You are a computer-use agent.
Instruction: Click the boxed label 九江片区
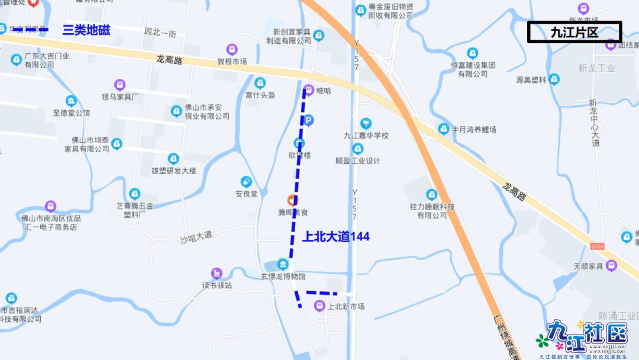(574, 32)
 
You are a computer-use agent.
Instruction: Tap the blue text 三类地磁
(86, 30)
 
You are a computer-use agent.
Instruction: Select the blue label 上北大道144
(336, 237)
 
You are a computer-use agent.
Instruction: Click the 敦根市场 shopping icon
(232, 49)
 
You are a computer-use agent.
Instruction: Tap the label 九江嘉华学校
(366, 136)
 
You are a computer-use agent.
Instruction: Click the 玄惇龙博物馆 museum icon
(283, 264)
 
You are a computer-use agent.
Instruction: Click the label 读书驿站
(217, 285)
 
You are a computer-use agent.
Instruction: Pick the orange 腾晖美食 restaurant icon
(292, 200)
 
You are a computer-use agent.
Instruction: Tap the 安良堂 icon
(246, 182)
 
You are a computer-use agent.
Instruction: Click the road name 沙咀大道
(196, 236)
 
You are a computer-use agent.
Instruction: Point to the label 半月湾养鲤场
(473, 129)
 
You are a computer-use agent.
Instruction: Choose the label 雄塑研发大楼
(173, 172)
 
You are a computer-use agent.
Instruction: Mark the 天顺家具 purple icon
(611, 265)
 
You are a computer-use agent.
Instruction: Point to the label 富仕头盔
(260, 95)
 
